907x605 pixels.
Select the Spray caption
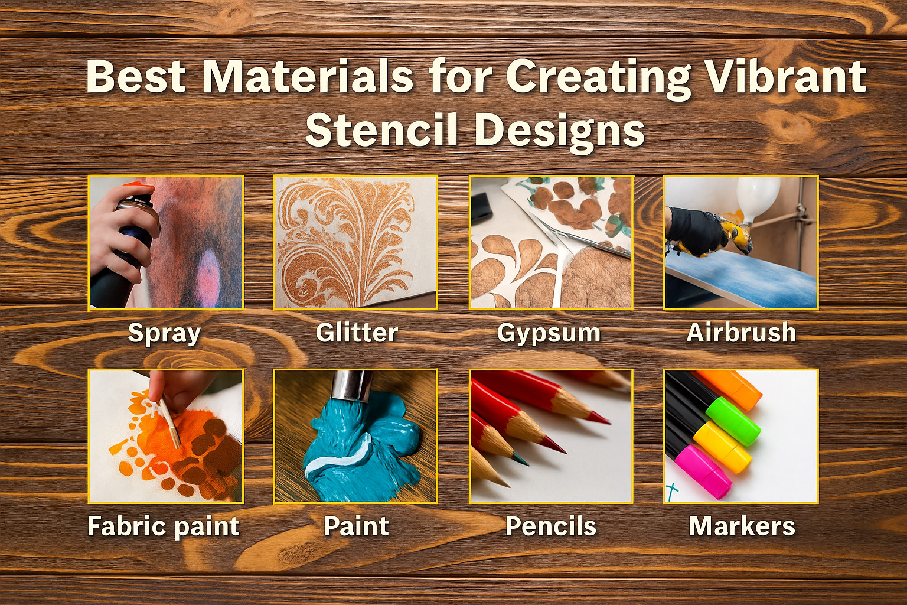point(164,334)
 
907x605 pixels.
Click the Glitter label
point(357,333)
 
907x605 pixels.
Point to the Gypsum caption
point(549,334)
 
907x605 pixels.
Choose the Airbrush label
point(742,333)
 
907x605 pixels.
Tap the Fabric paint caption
point(164,527)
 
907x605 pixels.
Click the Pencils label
point(551,526)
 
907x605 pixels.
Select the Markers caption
point(742,526)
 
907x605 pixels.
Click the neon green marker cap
point(733,421)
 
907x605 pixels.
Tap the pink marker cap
point(703,471)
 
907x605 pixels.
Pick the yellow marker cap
point(723,447)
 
